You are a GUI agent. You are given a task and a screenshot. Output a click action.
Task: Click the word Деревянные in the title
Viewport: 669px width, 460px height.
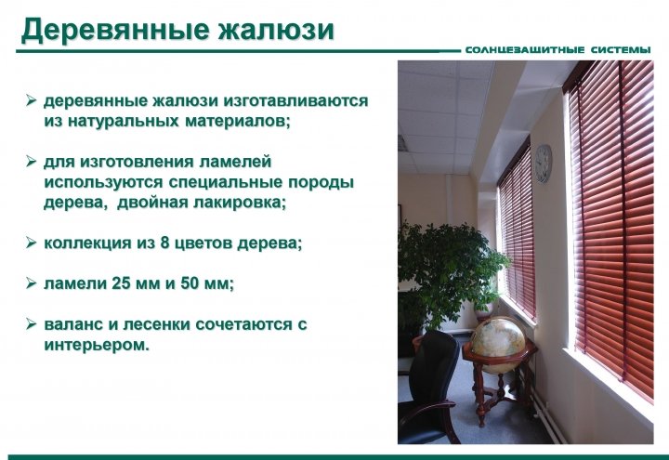(115, 31)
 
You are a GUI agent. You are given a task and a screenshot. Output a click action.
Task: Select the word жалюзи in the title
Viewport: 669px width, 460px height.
(276, 31)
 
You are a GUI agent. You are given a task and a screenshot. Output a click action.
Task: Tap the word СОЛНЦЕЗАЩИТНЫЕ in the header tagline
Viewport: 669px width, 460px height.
(525, 50)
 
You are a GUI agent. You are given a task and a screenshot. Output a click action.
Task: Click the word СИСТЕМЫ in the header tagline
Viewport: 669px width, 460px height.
(622, 50)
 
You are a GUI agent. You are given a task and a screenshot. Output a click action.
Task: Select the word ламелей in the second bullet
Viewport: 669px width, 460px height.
(235, 162)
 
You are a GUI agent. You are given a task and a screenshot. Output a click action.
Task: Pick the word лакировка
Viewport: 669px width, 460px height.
(240, 203)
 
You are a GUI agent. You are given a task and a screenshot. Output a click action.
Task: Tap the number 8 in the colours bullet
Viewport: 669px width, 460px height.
(165, 243)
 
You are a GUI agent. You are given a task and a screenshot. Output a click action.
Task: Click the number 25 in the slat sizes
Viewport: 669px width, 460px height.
(121, 283)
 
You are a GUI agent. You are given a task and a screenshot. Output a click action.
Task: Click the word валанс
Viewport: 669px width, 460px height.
(73, 324)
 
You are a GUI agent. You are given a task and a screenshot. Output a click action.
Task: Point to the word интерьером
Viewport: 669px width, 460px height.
(97, 345)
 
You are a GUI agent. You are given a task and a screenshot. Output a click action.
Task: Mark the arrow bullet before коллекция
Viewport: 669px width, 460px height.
(32, 243)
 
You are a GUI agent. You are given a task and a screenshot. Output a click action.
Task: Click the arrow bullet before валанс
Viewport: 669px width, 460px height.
(32, 324)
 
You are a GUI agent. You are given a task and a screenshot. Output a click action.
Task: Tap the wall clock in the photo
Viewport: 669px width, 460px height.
(544, 164)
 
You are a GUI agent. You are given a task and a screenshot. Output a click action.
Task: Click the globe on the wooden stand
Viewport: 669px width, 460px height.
(498, 345)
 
